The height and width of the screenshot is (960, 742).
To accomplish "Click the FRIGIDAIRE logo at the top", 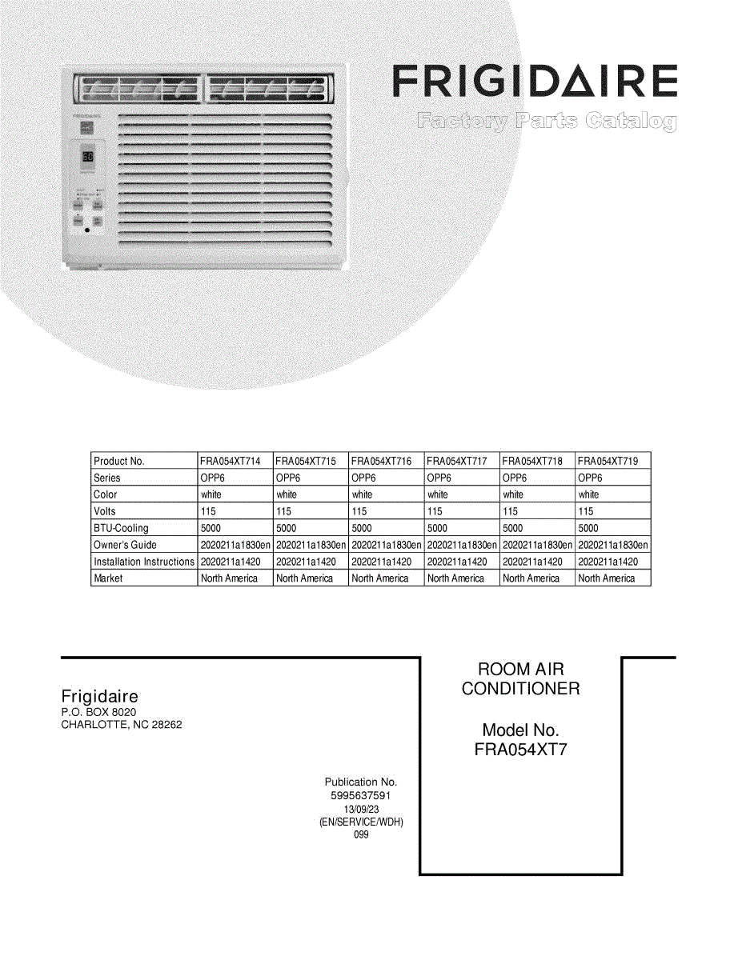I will tap(534, 82).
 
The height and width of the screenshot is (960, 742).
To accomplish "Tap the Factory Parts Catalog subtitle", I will tap(546, 122).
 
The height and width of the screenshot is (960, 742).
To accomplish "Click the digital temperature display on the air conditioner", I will tap(88, 157).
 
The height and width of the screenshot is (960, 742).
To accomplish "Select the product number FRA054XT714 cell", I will tap(231, 462).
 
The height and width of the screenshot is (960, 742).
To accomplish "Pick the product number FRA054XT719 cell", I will tap(608, 462).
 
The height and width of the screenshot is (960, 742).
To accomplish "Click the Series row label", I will tap(107, 478).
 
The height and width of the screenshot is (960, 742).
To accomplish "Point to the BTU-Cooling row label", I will tap(121, 529).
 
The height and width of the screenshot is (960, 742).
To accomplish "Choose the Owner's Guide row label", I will tap(125, 546).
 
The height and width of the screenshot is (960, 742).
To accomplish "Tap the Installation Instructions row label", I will tap(144, 562).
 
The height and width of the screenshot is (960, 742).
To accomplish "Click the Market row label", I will tap(108, 578).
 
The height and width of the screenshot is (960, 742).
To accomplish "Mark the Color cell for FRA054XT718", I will tap(513, 495).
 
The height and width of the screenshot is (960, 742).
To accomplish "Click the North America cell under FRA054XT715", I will tap(305, 578).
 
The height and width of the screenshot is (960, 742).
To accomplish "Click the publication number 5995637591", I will tap(360, 796).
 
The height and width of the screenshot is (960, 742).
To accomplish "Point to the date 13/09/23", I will tap(361, 810).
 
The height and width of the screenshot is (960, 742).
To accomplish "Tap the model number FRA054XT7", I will tap(520, 750).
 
